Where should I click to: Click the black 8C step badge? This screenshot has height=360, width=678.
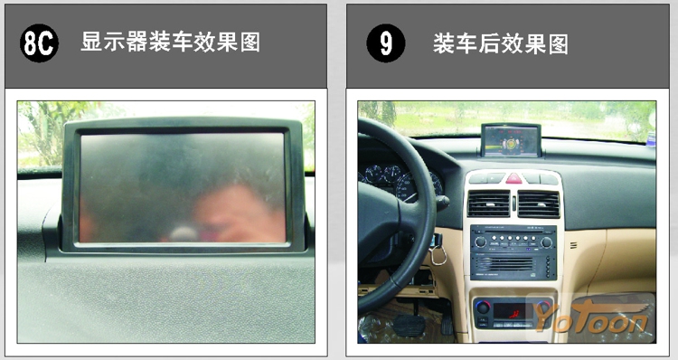[39, 43]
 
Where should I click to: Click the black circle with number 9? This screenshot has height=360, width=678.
[386, 43]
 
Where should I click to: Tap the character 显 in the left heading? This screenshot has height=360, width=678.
[91, 43]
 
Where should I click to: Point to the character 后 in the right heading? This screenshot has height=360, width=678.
[489, 44]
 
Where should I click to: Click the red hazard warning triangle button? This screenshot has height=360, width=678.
[513, 178]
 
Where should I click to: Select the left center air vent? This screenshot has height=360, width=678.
[488, 204]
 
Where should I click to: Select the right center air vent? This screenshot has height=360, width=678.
[539, 204]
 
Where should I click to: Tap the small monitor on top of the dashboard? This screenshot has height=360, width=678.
[511, 140]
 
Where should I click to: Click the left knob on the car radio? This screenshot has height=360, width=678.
[480, 242]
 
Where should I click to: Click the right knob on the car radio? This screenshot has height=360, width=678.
[547, 242]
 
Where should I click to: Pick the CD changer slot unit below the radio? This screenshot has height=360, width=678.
[513, 267]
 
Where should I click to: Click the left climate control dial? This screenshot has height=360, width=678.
[483, 308]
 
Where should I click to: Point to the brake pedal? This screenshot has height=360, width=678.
[409, 325]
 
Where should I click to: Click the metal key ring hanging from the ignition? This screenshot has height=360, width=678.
[438, 255]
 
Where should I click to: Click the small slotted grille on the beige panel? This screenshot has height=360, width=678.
[573, 245]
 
